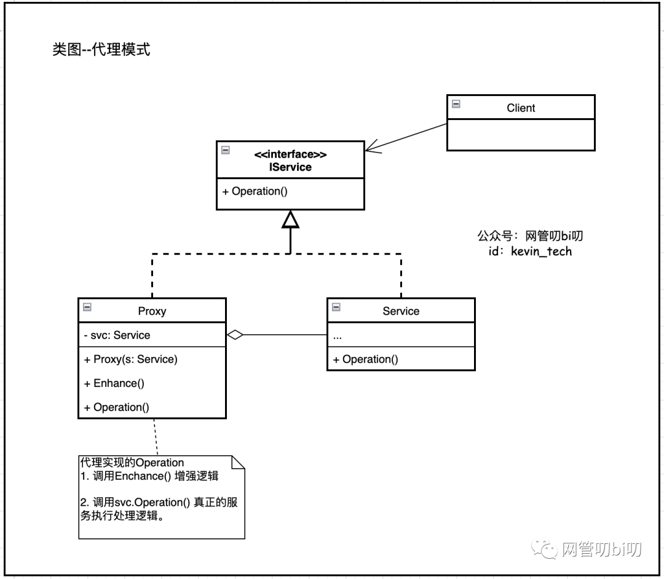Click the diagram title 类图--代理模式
(101, 50)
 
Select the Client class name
(521, 108)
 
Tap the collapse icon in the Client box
(456, 104)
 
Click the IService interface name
(290, 167)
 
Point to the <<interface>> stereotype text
(290, 154)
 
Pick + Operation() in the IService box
(255, 191)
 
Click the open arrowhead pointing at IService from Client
(373, 146)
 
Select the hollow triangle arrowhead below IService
(290, 219)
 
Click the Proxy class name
(152, 311)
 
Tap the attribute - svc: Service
(117, 335)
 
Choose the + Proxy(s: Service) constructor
(130, 359)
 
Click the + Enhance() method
(114, 383)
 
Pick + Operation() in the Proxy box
(116, 407)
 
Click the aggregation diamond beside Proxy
(235, 335)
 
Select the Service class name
(401, 311)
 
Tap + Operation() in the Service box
(365, 359)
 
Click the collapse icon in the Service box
(336, 307)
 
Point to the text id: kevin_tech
(530, 252)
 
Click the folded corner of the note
(238, 463)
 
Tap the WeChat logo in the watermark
(544, 549)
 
